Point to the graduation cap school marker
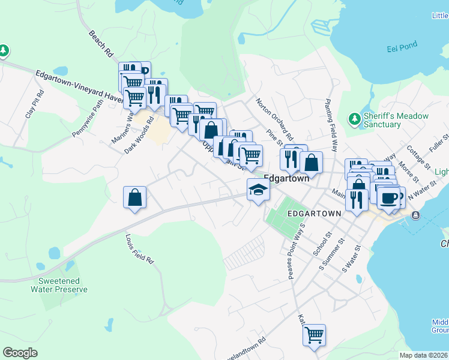(x=258, y=190)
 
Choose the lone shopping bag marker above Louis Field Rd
(x=135, y=197)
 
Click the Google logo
(x=20, y=353)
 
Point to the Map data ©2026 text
(x=423, y=355)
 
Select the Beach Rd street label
(x=100, y=44)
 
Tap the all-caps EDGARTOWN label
(x=314, y=213)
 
